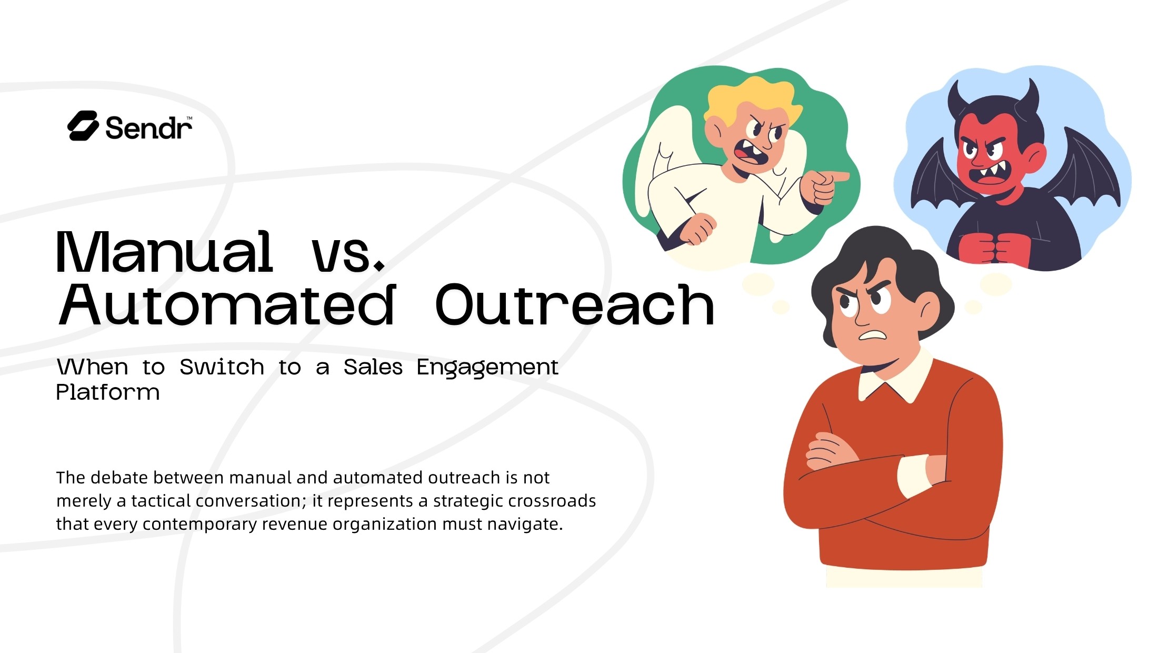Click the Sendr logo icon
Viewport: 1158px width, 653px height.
(x=83, y=126)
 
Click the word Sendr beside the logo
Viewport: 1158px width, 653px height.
(x=148, y=128)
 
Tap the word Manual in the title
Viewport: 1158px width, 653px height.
(x=164, y=253)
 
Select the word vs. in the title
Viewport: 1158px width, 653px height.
(x=348, y=255)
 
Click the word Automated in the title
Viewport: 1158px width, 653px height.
(x=227, y=305)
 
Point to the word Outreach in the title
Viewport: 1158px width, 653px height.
(x=575, y=305)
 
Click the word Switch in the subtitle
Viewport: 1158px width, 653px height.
(x=222, y=367)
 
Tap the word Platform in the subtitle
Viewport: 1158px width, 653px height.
(x=108, y=392)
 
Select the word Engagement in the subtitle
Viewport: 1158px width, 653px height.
(x=487, y=367)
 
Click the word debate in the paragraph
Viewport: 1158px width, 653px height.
(x=118, y=478)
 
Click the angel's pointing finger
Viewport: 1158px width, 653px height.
(x=837, y=176)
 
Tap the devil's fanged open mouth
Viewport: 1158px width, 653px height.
(x=990, y=174)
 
